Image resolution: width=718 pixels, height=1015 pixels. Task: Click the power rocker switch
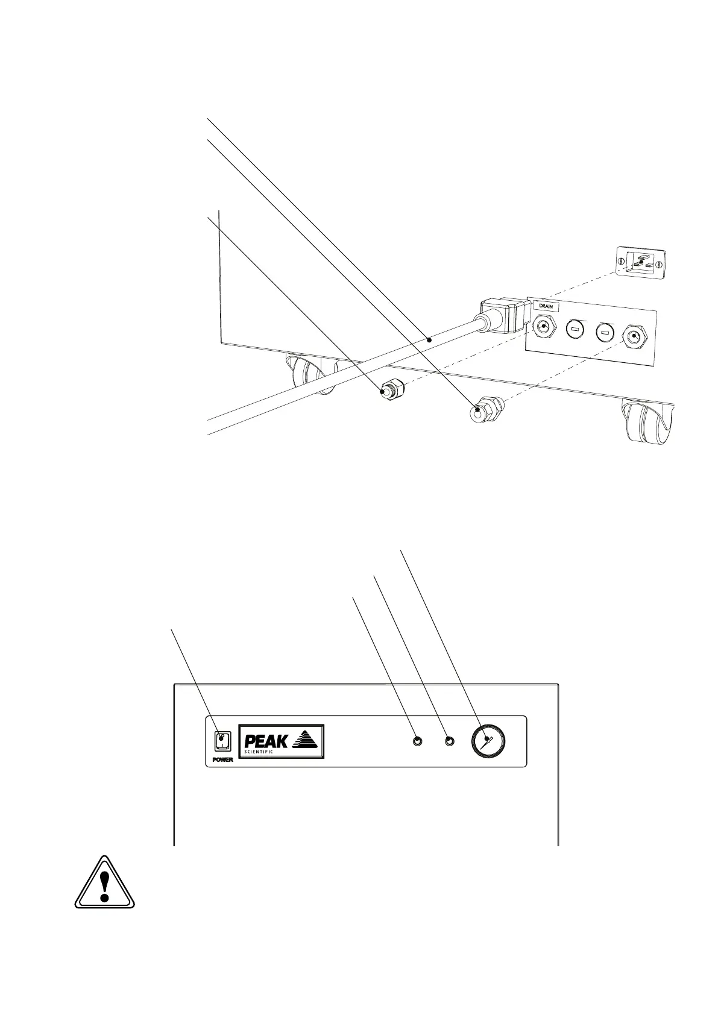tap(223, 741)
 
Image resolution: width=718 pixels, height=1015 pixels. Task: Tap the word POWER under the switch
tap(222, 760)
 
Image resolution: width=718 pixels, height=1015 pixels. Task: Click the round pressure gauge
tap(488, 741)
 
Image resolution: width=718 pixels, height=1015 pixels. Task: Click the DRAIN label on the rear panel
tap(546, 307)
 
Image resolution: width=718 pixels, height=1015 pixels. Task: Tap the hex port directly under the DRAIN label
tap(544, 328)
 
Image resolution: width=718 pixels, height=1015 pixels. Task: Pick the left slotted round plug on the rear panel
tap(575, 330)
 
